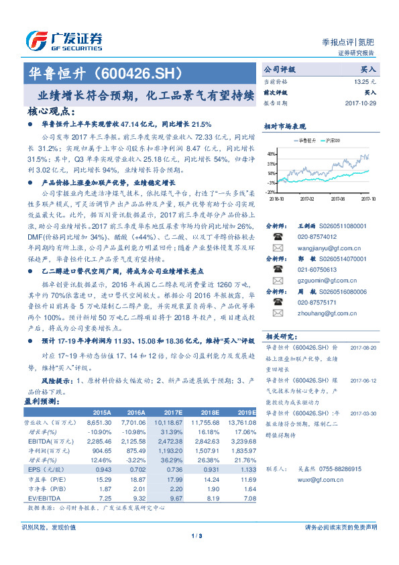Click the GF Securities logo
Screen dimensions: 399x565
[x=63, y=42]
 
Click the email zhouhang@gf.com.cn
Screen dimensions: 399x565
[x=310, y=303]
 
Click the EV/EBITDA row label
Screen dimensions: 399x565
[x=40, y=498]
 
